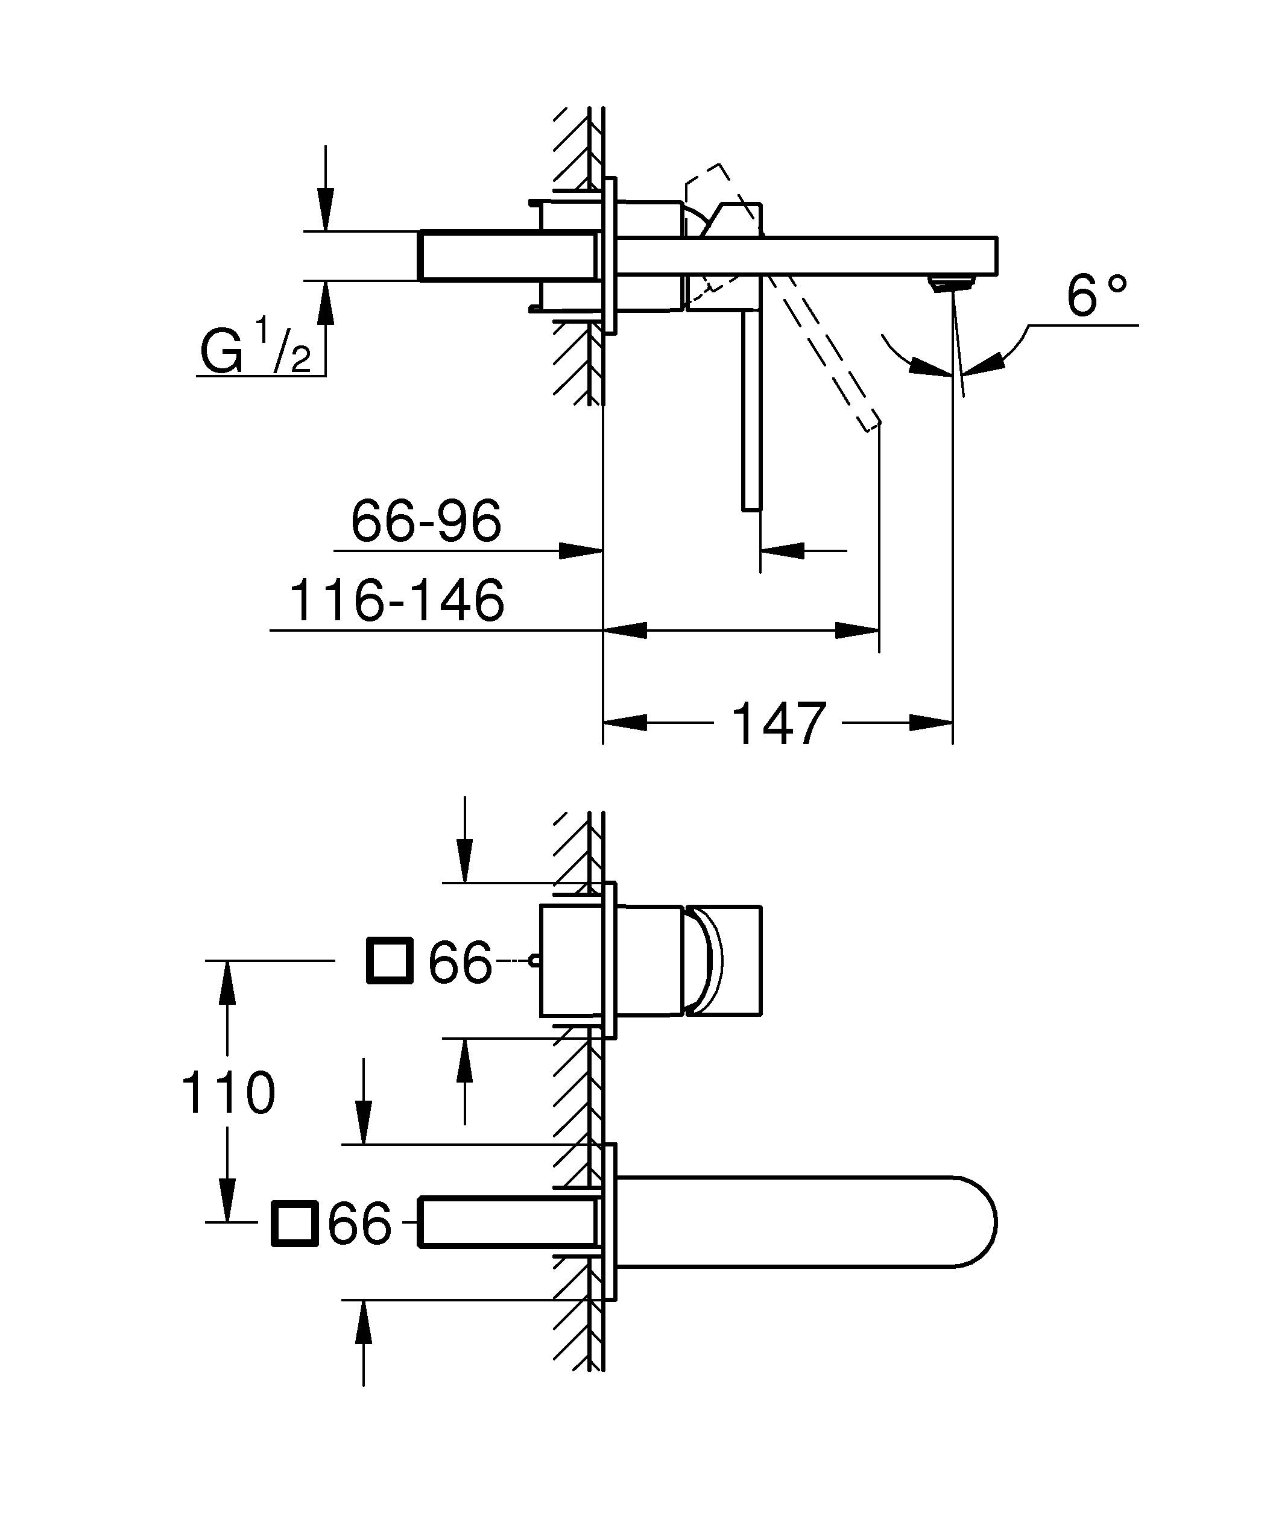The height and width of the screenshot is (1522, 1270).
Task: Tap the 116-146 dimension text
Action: point(397,601)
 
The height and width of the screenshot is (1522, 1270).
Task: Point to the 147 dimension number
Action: point(779,724)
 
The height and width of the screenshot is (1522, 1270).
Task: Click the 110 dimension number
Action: point(227,1093)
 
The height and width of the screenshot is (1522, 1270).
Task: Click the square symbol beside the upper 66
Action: point(390,961)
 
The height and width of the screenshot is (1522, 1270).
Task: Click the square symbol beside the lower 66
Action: point(294,1224)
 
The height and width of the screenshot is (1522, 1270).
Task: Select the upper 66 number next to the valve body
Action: point(460,963)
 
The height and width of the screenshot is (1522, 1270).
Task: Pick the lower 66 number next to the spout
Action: point(359,1225)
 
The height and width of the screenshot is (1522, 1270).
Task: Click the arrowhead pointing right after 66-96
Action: point(582,551)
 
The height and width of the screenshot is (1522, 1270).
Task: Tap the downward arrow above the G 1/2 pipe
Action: point(326,210)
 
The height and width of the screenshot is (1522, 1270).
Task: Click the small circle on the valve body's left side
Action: point(534,960)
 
